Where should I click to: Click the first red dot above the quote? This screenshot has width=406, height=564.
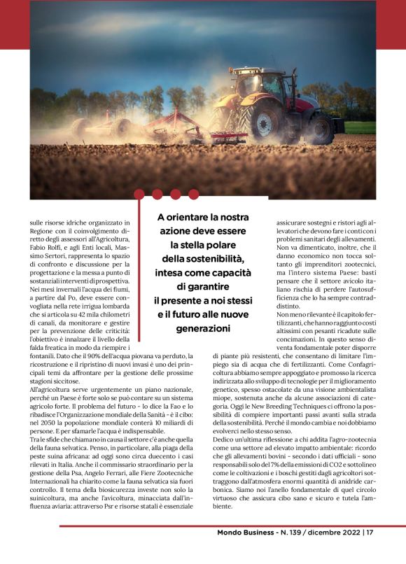click(139, 194)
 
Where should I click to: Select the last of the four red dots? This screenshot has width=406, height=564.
click(193, 194)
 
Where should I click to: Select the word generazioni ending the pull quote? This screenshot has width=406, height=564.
click(202, 327)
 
